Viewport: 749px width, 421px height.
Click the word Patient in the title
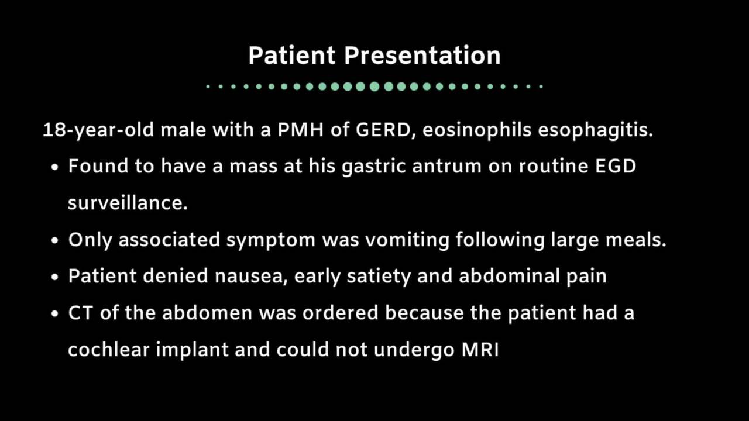(292, 55)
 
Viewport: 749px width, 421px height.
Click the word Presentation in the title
(422, 55)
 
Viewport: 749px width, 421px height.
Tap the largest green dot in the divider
(374, 87)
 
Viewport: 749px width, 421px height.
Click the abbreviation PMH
(301, 130)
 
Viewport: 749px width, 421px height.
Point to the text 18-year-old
(98, 130)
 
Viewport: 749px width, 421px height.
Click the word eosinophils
(477, 130)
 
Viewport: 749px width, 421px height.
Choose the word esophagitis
(595, 130)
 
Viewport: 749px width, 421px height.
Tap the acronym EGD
(616, 166)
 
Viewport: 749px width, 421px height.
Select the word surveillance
(128, 203)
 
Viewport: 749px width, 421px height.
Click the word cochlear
(109, 350)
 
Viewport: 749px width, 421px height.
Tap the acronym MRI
(480, 350)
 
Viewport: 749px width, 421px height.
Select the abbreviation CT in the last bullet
(80, 313)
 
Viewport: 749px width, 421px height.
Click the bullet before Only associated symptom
(55, 240)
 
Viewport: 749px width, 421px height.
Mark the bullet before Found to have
(55, 167)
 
